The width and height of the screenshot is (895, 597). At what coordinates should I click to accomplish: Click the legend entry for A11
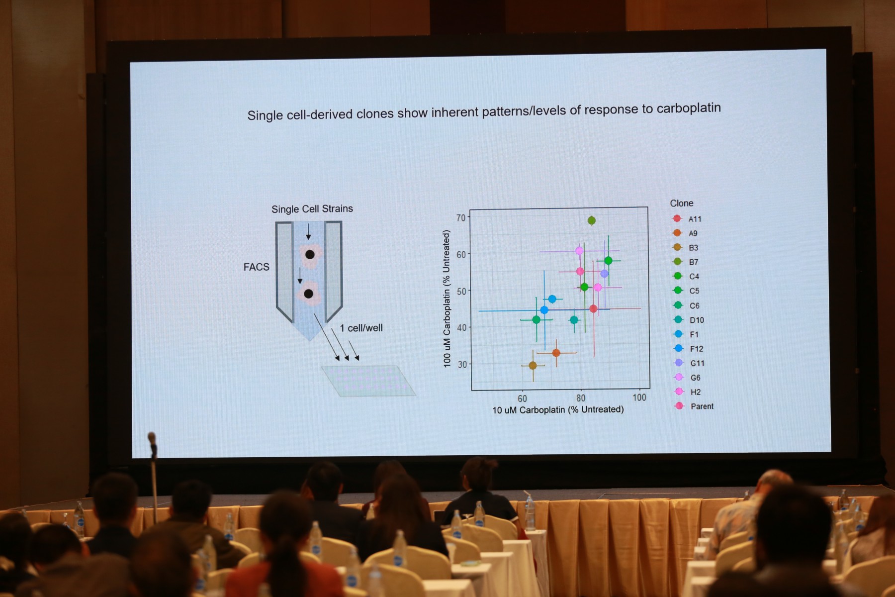[687, 219]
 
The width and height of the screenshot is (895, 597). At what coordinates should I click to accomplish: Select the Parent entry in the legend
[694, 406]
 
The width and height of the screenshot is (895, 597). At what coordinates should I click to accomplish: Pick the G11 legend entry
[689, 363]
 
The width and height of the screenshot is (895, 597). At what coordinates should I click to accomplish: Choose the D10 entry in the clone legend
[689, 320]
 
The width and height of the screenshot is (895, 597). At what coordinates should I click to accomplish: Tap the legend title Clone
[681, 203]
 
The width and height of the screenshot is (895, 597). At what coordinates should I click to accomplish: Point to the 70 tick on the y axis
[461, 218]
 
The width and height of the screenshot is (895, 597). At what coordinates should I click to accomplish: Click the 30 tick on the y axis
[462, 364]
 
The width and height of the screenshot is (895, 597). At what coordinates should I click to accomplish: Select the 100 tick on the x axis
[639, 398]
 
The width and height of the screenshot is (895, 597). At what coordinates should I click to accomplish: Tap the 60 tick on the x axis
[522, 398]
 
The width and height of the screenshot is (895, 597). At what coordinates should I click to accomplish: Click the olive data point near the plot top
[591, 220]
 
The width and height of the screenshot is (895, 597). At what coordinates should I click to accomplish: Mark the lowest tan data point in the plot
[533, 366]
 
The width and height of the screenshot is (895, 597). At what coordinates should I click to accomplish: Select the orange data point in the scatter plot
[556, 353]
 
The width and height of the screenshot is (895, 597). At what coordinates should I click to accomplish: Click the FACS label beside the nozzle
[257, 267]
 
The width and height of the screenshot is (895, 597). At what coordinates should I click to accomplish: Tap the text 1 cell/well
[361, 328]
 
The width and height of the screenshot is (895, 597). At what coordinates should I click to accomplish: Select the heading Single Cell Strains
[312, 209]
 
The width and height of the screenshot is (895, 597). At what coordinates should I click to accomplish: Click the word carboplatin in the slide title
[688, 108]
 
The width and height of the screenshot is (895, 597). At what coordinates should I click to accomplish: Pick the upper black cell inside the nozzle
[310, 255]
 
